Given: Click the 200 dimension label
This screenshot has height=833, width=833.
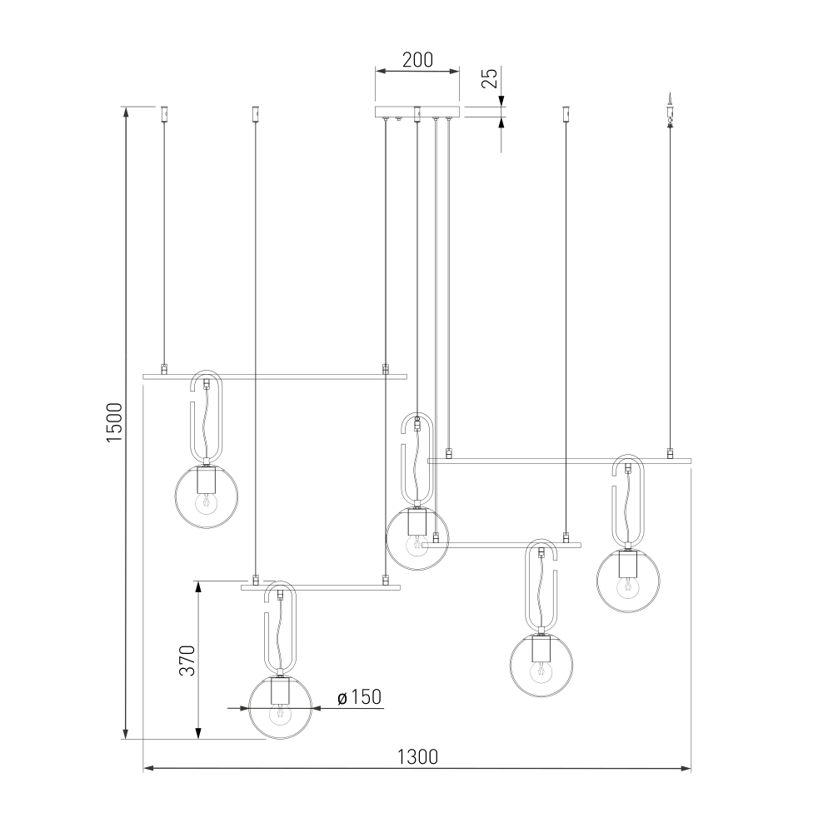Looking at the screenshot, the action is (417, 60).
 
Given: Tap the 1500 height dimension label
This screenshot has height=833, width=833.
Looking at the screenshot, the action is (115, 422).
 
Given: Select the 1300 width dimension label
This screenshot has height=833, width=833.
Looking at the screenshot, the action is (417, 756).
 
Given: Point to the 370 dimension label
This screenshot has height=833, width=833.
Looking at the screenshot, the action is (187, 661).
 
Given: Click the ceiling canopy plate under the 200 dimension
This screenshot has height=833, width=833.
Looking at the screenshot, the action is (417, 112).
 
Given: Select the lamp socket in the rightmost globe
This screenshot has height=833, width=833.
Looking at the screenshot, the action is (627, 564).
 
